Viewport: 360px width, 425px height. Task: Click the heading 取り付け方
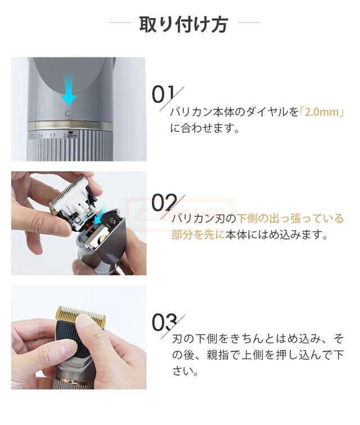184,24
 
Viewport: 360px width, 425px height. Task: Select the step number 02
164,203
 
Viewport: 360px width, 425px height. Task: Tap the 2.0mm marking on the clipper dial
70,136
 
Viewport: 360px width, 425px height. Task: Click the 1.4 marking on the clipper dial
40,136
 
